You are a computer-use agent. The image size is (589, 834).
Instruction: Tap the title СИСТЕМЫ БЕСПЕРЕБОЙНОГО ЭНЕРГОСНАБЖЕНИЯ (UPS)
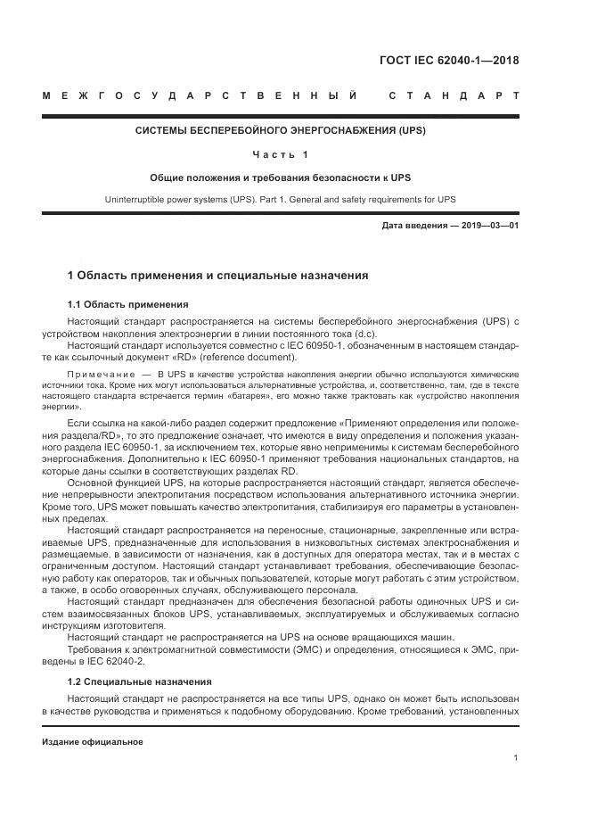pos(281,130)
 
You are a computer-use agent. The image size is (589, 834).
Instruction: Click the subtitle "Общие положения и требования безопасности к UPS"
pos(281,178)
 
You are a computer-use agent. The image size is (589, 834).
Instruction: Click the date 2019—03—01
pos(489,226)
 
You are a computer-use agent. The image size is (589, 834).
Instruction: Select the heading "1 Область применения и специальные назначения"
pos(218,276)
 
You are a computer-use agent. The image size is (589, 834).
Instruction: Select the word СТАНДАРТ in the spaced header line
pos(454,95)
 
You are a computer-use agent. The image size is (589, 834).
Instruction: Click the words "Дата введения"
pos(415,226)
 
